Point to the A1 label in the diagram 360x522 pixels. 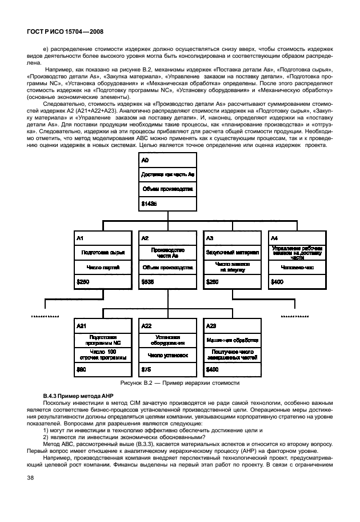[x=81, y=237]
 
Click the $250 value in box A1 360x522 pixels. [x=83, y=281]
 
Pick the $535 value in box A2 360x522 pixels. [x=148, y=281]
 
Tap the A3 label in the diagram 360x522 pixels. [x=210, y=237]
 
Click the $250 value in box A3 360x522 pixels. [x=212, y=281]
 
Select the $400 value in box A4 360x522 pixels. [x=277, y=281]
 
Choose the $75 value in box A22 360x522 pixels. [x=146, y=369]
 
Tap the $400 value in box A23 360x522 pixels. [x=212, y=369]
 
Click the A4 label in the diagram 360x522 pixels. [x=274, y=237]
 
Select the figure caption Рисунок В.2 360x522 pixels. [x=179, y=382]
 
